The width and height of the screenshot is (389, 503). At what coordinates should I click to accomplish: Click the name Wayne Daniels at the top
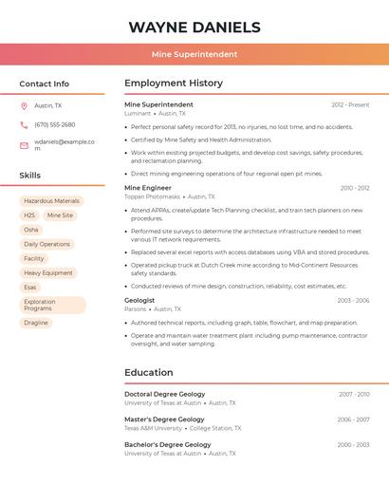point(194,27)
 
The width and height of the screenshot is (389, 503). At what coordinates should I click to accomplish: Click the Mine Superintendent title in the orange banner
point(194,54)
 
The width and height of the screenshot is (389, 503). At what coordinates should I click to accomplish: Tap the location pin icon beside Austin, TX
point(24,105)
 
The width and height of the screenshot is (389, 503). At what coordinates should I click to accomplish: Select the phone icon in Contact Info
point(24,124)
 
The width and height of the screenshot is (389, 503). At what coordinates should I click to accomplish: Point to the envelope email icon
point(24,145)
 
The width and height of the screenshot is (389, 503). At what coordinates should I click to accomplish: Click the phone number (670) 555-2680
point(55,124)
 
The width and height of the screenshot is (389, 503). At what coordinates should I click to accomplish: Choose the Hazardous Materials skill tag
point(51,201)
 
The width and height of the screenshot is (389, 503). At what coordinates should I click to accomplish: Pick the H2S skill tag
point(29,215)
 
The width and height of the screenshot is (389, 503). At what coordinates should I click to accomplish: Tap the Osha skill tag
point(31,230)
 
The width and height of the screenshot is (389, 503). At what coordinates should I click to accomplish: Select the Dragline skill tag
point(36,323)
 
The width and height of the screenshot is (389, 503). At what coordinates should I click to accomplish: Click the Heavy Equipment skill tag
point(48,272)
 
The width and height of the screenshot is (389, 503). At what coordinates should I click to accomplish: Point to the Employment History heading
point(174,84)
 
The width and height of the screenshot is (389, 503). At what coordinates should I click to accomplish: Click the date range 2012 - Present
point(350,104)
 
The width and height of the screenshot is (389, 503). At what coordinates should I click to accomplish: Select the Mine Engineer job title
point(148,188)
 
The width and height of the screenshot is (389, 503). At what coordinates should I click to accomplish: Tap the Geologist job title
point(139,300)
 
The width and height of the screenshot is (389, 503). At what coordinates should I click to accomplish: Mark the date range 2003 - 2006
point(353,301)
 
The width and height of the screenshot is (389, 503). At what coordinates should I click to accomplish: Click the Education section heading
point(149,372)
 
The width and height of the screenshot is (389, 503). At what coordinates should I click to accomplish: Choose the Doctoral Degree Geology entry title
point(164,394)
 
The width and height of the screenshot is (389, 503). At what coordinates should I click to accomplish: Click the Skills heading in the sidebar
point(30,176)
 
